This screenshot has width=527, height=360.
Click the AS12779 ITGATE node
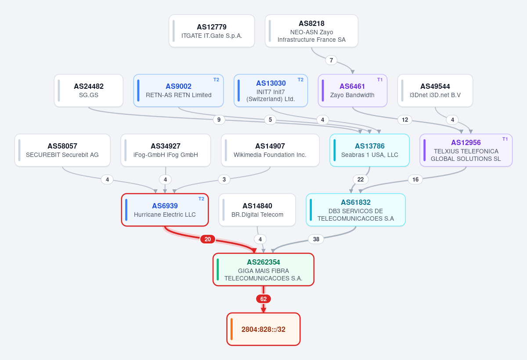pos(212,31)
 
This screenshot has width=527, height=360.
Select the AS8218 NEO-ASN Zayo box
pos(311,31)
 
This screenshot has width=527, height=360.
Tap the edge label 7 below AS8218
pos(331,60)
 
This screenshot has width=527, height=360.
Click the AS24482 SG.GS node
pos(88,91)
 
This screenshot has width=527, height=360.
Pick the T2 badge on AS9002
pos(216,80)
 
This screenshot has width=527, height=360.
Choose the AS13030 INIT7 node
pos(271,91)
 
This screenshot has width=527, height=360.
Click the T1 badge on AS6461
pos(380,80)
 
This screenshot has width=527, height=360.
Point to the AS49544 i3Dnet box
pos(435,91)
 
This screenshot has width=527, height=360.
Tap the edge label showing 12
pos(404,120)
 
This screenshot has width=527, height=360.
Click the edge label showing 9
pos(219,120)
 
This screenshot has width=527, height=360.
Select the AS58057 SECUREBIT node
pos(62,150)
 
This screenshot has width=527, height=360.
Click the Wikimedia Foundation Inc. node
pos(270,150)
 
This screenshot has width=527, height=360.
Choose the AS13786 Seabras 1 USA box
pos(370,150)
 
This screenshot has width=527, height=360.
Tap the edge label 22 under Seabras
pos(361,180)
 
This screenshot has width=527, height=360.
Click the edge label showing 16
pos(415,180)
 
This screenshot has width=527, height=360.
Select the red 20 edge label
pos(207,239)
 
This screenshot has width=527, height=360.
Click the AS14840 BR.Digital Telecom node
pos(257,210)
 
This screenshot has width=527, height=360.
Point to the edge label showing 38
pos(316,239)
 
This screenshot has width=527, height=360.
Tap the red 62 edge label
pos(263,299)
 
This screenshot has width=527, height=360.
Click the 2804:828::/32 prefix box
pos(263,329)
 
